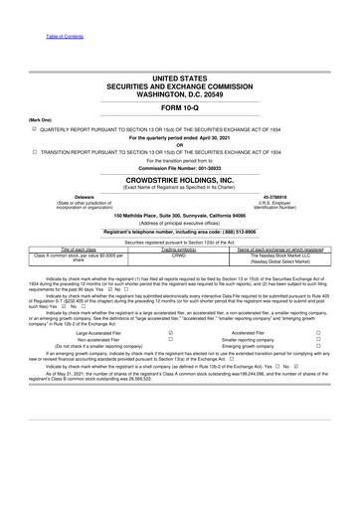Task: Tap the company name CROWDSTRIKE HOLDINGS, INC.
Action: (179, 173)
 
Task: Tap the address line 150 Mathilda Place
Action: (179, 216)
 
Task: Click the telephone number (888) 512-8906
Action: (235, 231)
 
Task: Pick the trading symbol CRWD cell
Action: (179, 254)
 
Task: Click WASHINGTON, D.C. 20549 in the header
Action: (179, 90)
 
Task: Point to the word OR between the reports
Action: (179, 144)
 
